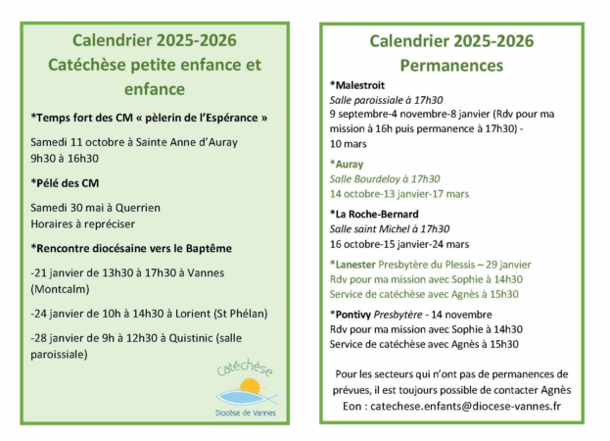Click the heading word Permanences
[451, 66]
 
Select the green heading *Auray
[349, 165]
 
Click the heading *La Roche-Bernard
[374, 214]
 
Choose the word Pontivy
[361, 314]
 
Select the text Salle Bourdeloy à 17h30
[384, 179]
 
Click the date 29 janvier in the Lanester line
[505, 264]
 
